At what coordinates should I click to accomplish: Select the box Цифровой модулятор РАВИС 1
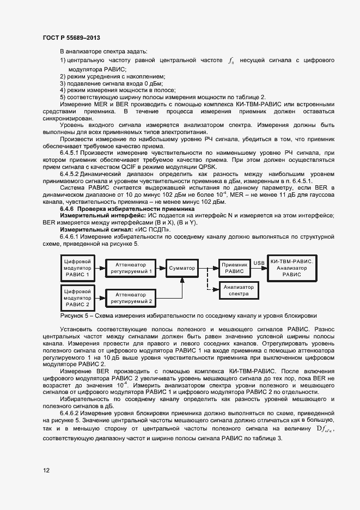tap(77, 268)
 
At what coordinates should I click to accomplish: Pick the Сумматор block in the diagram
tap(182, 268)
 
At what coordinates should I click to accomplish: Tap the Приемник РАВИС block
tap(234, 268)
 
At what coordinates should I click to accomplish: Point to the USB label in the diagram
tap(259, 263)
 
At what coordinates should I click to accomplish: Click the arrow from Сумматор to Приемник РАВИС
tap(209, 268)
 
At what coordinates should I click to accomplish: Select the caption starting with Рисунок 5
tap(188, 315)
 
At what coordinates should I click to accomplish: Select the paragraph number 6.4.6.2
tap(74, 414)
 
